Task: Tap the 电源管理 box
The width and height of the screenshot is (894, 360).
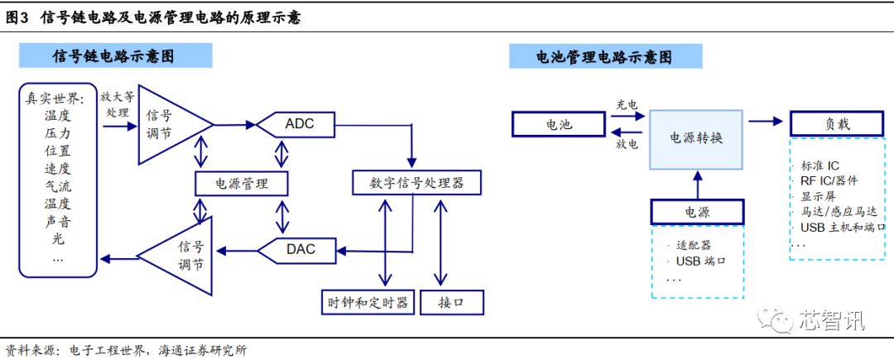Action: coord(241,184)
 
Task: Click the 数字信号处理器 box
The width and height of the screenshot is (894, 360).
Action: coord(416,183)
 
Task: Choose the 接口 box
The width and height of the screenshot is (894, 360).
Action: coord(452,302)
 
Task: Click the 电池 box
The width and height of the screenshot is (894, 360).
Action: coord(558,124)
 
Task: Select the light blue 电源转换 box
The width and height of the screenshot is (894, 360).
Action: coord(696,140)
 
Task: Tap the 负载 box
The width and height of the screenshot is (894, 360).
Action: coord(837,123)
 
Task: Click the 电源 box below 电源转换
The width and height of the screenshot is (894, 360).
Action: coord(697,211)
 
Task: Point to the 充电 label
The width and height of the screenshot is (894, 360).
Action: coord(627,105)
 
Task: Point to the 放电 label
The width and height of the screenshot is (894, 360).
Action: coord(627,144)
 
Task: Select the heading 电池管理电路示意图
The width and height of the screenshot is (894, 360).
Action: coord(604,56)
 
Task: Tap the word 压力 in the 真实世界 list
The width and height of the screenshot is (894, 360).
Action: coord(58,134)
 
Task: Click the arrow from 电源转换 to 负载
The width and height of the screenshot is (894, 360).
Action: coord(765,121)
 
